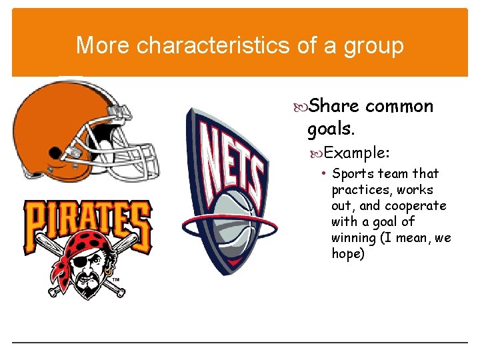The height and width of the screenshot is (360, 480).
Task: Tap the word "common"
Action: (400, 106)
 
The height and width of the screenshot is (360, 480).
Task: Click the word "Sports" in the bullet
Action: (353, 173)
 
